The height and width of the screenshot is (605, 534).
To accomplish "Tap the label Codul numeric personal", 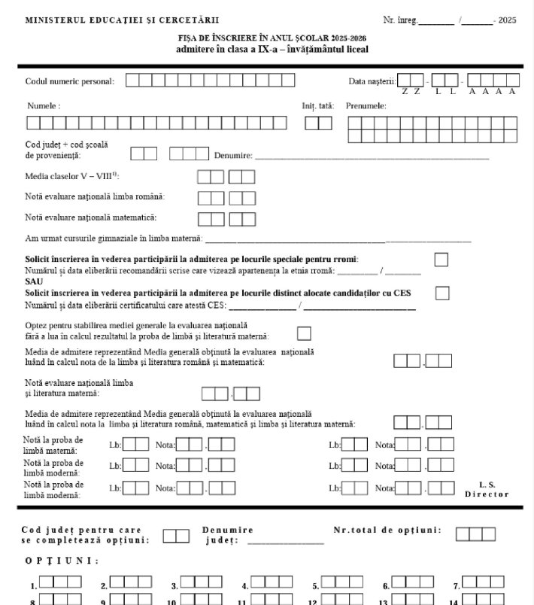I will pos(70,81).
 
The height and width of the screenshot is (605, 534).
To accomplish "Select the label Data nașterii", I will pos(372,81).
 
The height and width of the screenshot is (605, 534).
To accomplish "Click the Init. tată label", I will pos(313,106).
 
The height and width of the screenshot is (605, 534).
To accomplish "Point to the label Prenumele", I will pos(366,106).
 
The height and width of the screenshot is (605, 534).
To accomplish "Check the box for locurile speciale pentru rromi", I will pos(441,260).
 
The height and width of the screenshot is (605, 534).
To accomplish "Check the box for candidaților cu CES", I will pos(442,292).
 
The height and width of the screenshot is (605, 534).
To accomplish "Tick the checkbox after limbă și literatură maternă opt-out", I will pos(304,333).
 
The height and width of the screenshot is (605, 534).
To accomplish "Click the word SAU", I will pos(33,281).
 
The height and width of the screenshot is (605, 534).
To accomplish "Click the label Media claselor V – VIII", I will pos(71,175).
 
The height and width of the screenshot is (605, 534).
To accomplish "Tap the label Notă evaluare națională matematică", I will pos(90,217).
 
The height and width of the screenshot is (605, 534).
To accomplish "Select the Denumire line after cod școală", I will pos(372,157).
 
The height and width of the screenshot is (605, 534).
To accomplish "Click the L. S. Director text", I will pos(487,489).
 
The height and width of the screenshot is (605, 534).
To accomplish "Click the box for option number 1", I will pos(60,582).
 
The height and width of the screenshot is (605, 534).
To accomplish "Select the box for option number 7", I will pos(483,582).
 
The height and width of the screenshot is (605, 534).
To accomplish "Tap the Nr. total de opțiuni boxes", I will pos(475,534).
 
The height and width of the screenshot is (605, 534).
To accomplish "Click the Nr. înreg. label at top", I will pos(399,20).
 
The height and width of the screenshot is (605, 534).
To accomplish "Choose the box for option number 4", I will pos(272,582).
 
